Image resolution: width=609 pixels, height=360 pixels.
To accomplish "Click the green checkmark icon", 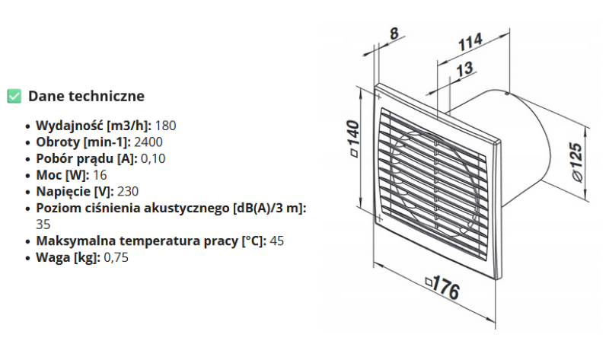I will coord(14,96).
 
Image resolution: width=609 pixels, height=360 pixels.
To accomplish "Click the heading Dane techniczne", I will coord(86,96).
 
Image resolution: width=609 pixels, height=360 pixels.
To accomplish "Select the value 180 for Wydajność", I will coord(166,125).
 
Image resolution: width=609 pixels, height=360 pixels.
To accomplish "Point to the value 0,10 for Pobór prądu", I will coord(153,158).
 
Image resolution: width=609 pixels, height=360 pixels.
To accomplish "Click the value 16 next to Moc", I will coord(100,175).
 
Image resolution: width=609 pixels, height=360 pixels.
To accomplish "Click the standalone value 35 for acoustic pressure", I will coord(43,225).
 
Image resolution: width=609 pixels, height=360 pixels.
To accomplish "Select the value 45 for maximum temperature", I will coord(277,241).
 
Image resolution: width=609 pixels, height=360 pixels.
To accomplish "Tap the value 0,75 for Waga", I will coord(116,258).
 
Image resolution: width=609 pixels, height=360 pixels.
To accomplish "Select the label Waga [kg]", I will coord(67,258).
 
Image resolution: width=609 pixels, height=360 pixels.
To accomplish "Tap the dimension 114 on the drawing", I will coord(470,43).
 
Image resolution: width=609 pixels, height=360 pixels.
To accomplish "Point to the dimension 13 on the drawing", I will coord(464,70).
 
